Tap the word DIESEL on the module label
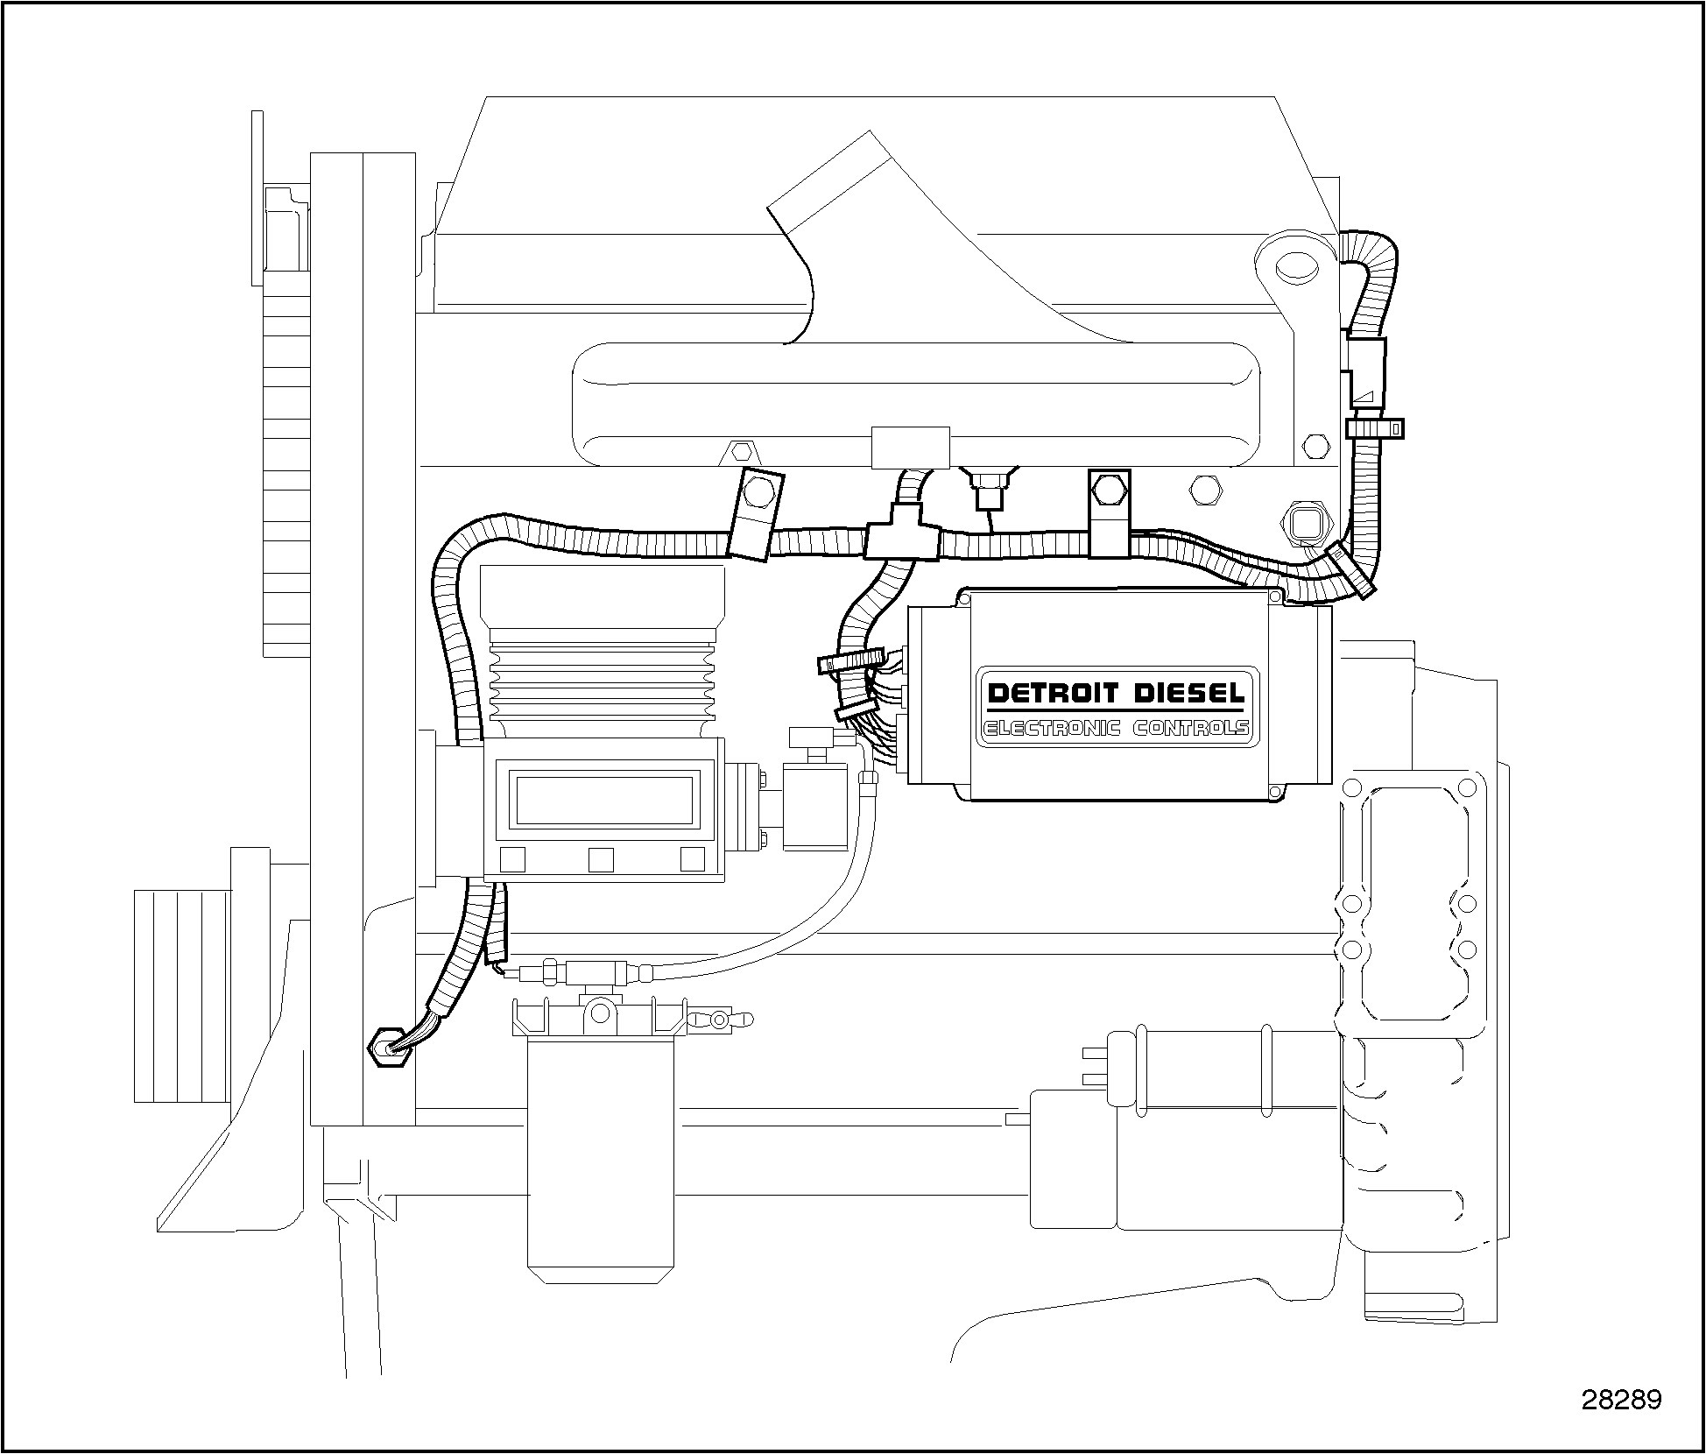click(1190, 695)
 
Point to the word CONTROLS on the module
click(1191, 729)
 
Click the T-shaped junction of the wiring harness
click(902, 536)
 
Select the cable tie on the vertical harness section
click(1373, 428)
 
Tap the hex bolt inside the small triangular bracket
click(741, 452)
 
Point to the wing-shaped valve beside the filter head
click(720, 1019)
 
